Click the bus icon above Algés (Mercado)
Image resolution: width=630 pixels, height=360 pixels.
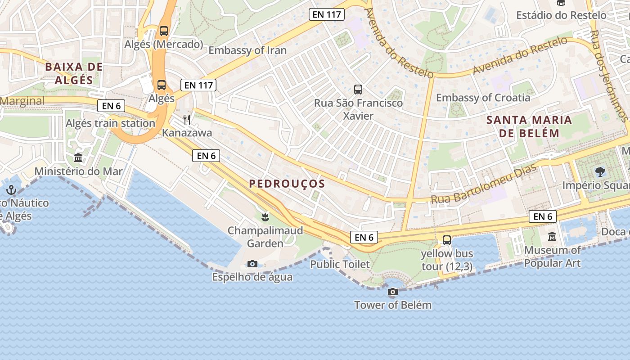pyautogui.click(x=164, y=31)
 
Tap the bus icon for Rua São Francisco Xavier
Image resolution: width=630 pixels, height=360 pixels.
pyautogui.click(x=358, y=90)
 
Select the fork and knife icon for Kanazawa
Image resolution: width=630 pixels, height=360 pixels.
pyautogui.click(x=187, y=119)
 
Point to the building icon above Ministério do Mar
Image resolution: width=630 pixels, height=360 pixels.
pyautogui.click(x=78, y=158)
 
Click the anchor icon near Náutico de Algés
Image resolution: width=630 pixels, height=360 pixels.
pyautogui.click(x=11, y=190)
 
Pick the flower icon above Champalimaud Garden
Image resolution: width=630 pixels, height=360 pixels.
pyautogui.click(x=265, y=217)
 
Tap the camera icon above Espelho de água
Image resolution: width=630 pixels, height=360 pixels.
pyautogui.click(x=252, y=264)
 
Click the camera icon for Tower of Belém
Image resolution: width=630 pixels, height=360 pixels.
pyautogui.click(x=393, y=292)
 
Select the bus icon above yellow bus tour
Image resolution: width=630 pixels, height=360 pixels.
pyautogui.click(x=447, y=240)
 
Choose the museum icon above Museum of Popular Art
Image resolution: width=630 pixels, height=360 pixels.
pyautogui.click(x=552, y=237)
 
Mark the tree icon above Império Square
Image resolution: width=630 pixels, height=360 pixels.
pyautogui.click(x=599, y=171)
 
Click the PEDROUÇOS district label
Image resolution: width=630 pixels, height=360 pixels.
pyautogui.click(x=287, y=184)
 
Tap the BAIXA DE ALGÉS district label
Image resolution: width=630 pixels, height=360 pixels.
pyautogui.click(x=74, y=74)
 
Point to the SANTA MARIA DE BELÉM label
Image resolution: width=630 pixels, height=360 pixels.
pyautogui.click(x=530, y=126)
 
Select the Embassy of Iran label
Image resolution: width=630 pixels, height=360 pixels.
pyautogui.click(x=247, y=50)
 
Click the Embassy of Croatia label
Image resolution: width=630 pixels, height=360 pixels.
pyautogui.click(x=483, y=98)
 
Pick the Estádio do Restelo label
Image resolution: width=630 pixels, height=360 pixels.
pyautogui.click(x=561, y=15)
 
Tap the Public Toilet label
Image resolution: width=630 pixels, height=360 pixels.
pyautogui.click(x=340, y=264)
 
